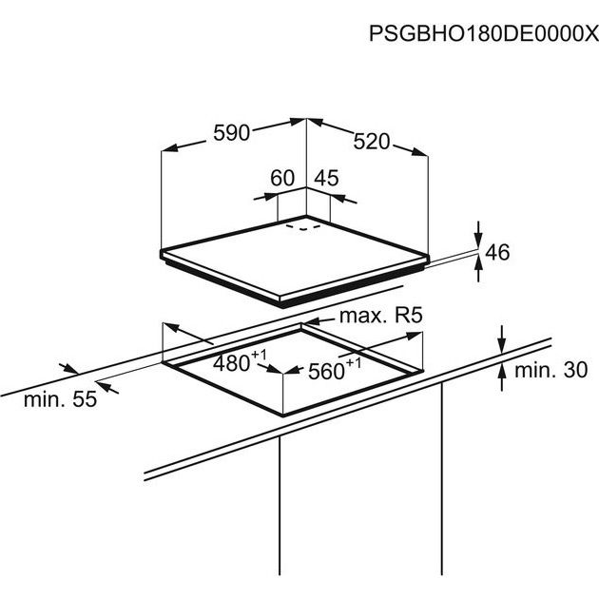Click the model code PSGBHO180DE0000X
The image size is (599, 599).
(483, 33)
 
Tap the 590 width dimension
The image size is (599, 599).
(231, 133)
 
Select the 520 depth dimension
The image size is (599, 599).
(372, 142)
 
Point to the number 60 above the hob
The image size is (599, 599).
(282, 178)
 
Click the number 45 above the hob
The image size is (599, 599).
(327, 178)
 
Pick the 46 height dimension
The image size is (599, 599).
(497, 252)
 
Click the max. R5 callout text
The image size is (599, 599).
(381, 316)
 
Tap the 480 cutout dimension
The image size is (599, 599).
(231, 363)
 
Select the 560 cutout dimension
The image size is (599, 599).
(326, 372)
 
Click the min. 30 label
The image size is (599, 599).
(551, 370)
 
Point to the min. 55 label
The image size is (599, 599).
(60, 399)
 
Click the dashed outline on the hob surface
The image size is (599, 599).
(303, 226)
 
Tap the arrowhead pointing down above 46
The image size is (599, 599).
(478, 239)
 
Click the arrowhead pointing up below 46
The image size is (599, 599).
(478, 264)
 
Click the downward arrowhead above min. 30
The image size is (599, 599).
(502, 345)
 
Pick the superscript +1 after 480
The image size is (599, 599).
(259, 355)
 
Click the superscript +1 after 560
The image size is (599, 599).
(353, 362)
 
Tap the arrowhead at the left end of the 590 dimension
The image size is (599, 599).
(170, 147)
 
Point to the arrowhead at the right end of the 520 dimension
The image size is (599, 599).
(419, 152)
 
